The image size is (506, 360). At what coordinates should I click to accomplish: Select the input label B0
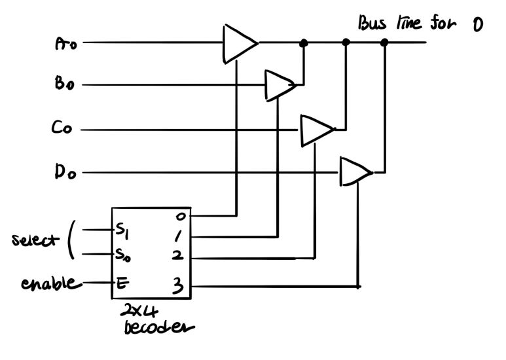coord(67,85)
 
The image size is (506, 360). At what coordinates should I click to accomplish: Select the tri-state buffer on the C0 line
coord(316,129)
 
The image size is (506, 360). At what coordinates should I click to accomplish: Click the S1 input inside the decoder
coord(124,230)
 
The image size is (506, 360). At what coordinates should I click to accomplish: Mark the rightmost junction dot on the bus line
coord(384,43)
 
